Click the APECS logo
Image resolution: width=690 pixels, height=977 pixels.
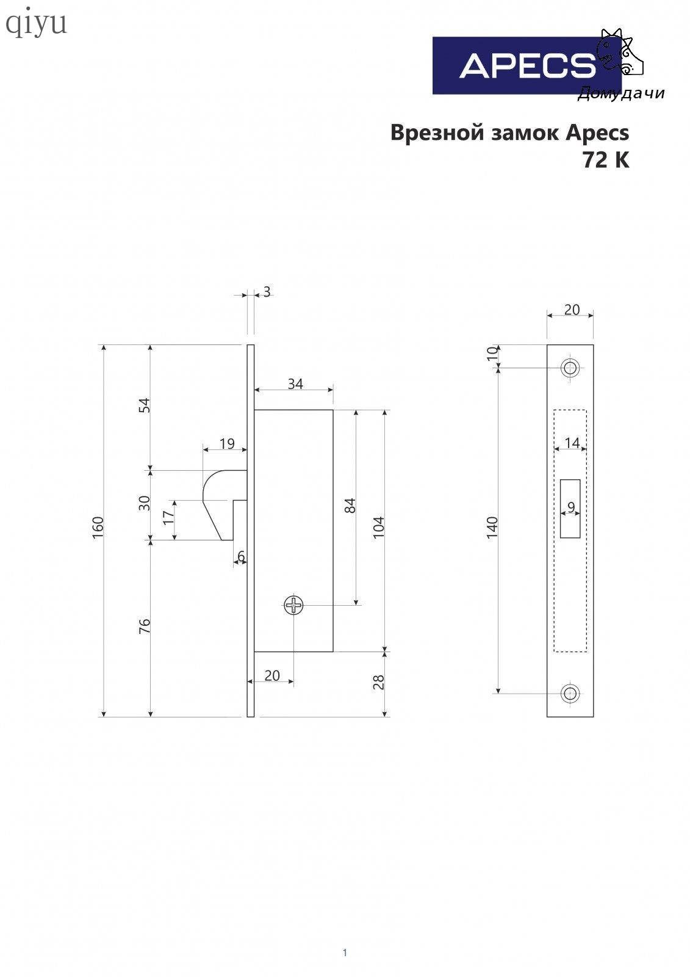(x=526, y=65)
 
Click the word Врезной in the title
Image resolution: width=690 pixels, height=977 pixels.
(x=437, y=133)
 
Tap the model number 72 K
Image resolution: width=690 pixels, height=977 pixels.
(x=606, y=160)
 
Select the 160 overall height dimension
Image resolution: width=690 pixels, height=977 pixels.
(x=98, y=527)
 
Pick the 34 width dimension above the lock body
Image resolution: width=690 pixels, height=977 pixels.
(x=295, y=384)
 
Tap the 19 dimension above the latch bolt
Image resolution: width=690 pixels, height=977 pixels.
(x=227, y=443)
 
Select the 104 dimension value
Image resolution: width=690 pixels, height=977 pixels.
(x=379, y=527)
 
